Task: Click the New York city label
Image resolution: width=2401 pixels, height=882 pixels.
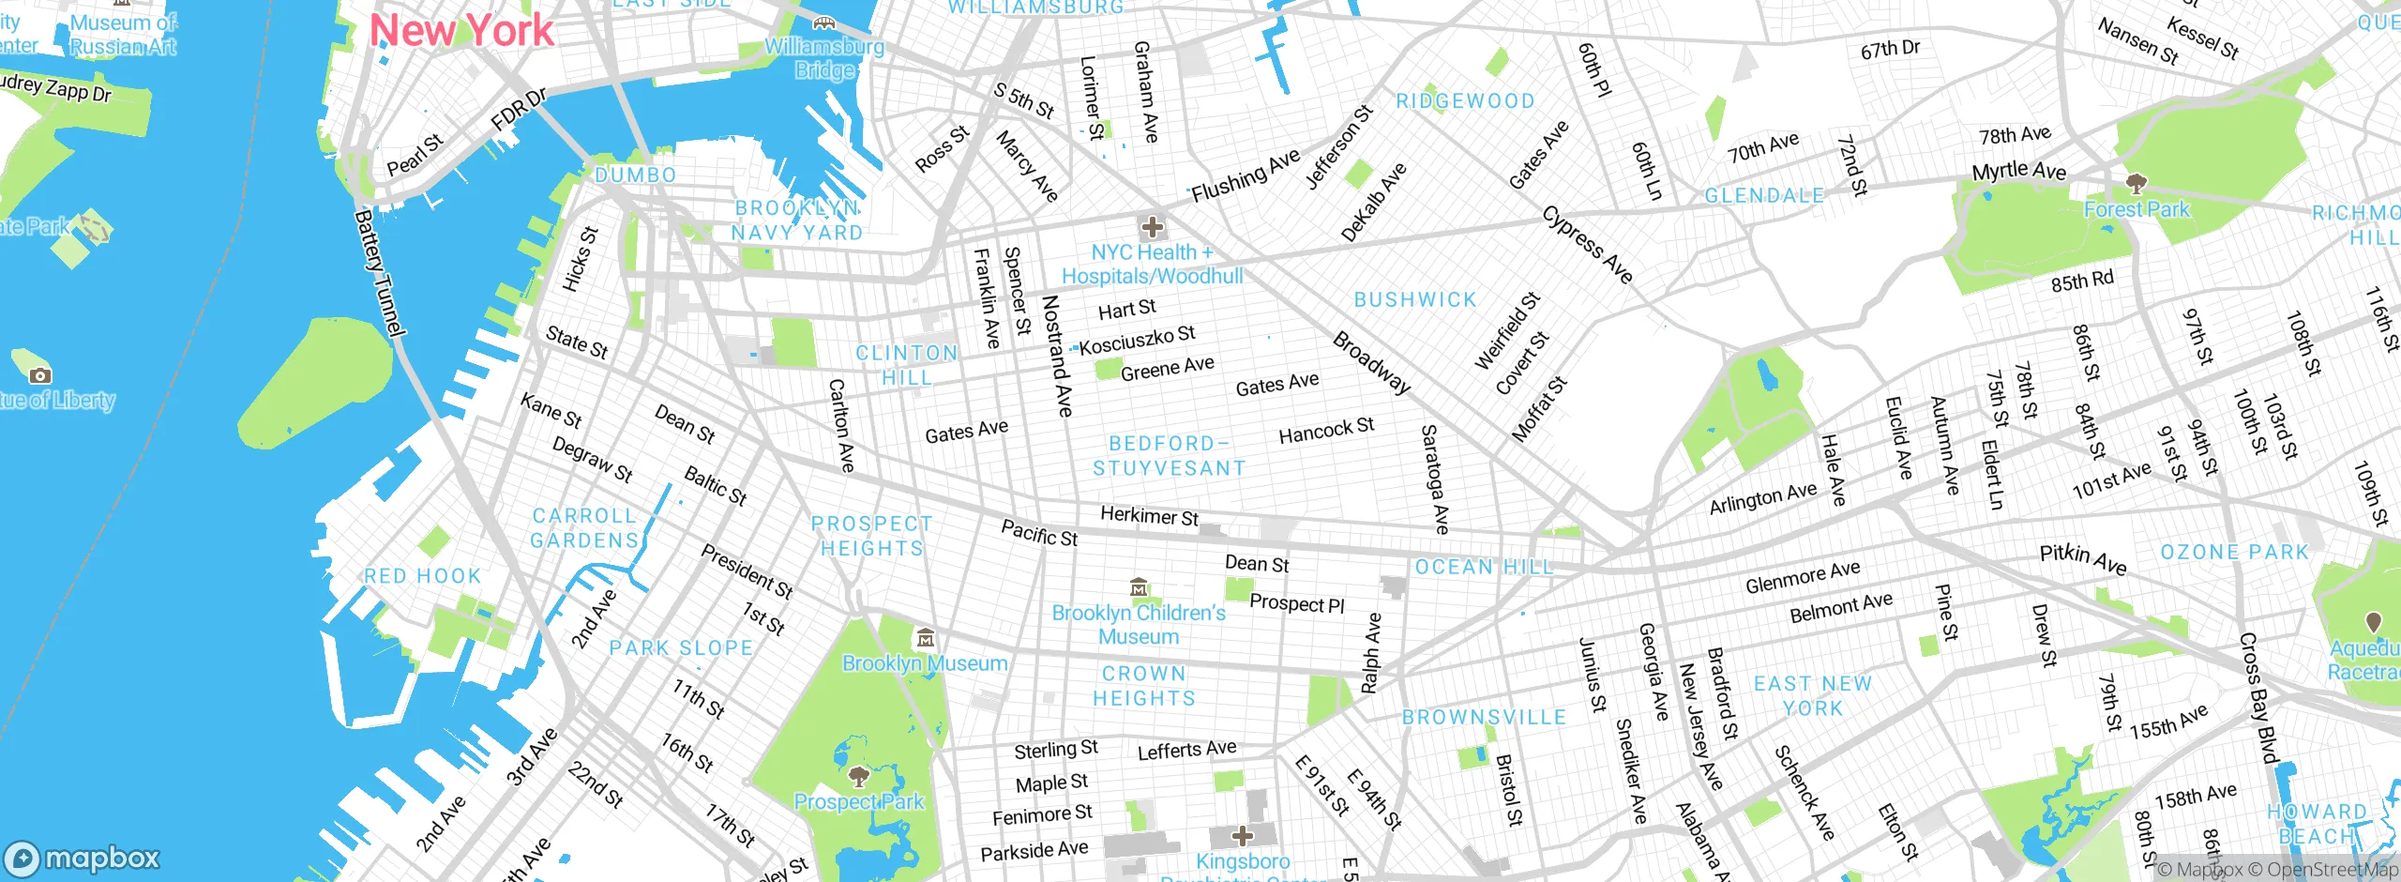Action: point(461,31)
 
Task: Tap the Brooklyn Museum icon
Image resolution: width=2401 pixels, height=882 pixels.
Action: point(925,638)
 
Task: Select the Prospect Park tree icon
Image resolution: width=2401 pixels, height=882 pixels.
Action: point(857,776)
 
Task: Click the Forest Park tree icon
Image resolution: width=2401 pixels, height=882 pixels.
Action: point(2136,182)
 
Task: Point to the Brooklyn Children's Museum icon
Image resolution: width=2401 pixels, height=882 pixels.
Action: point(1139,587)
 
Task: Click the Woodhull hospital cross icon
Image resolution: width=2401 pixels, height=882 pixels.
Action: point(1152,226)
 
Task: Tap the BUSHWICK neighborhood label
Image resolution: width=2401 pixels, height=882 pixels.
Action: point(1415,299)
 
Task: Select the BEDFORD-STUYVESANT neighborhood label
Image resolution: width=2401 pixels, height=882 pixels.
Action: point(1169,456)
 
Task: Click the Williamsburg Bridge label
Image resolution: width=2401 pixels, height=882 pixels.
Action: point(824,57)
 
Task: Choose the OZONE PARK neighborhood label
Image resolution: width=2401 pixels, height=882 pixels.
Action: point(2234,552)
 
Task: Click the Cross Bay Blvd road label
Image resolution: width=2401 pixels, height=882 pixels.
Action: point(2258,699)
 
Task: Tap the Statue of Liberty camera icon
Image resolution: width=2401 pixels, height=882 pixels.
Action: point(39,375)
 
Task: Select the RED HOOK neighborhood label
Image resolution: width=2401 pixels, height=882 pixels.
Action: point(422,576)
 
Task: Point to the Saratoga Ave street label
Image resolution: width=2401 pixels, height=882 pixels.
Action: point(1435,479)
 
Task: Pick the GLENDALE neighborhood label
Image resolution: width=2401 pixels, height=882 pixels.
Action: point(1764,195)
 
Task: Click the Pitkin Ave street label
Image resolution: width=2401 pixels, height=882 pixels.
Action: point(2083,559)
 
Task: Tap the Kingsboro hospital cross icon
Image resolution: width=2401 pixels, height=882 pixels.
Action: point(1242,835)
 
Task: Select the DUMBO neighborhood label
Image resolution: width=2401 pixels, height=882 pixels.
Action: point(635,175)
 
